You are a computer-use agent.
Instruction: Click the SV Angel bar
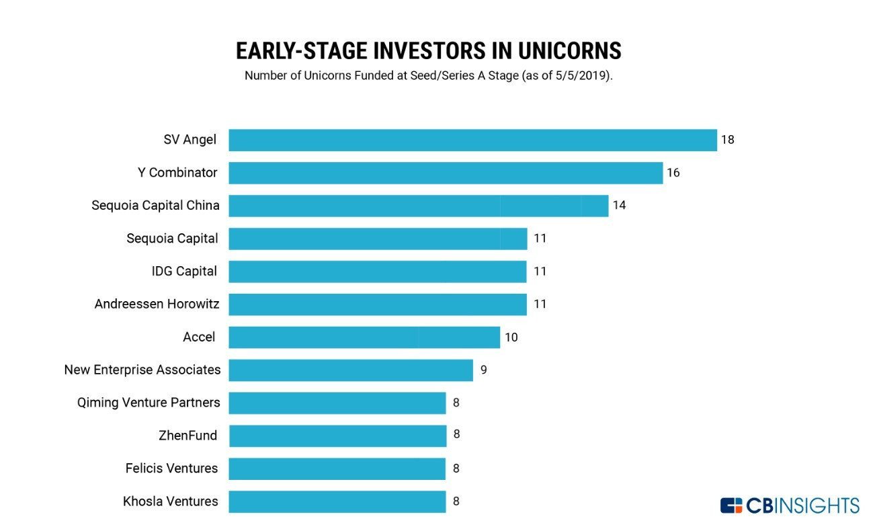point(472,140)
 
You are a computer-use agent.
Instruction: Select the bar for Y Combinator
point(446,173)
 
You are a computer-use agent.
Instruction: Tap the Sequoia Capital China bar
point(419,206)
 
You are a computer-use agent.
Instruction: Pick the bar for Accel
point(364,337)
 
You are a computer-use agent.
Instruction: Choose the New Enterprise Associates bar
point(351,370)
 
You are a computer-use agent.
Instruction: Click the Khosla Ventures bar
point(337,501)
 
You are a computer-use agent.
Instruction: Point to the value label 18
point(727,140)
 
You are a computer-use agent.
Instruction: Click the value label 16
point(673,172)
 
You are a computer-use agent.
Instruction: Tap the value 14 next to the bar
point(619,205)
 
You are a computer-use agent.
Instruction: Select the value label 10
point(511,337)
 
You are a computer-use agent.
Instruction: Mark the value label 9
point(484,370)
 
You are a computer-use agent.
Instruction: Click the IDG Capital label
point(184,271)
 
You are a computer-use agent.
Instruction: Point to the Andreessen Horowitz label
point(157,304)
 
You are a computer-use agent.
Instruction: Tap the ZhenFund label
point(187,436)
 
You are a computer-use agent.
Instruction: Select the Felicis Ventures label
point(171,468)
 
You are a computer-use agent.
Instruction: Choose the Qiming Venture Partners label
point(149,403)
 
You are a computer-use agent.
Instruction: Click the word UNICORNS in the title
point(569,51)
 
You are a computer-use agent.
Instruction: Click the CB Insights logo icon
point(731,505)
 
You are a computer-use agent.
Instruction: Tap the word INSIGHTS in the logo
point(817,505)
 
